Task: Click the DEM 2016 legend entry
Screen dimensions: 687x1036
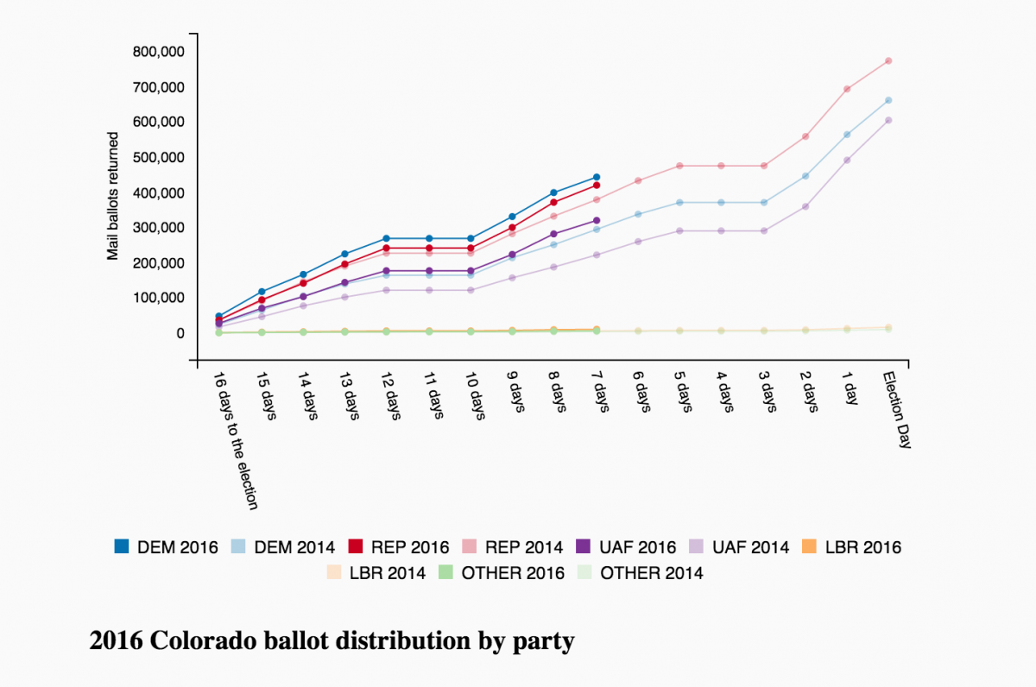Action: [166, 547]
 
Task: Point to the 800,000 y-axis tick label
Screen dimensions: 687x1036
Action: [158, 52]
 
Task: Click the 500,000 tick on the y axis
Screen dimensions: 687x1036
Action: [158, 157]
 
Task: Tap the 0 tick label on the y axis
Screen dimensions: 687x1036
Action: [180, 333]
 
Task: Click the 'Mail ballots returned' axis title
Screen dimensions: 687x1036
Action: [113, 190]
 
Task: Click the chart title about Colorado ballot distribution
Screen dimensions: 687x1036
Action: [332, 641]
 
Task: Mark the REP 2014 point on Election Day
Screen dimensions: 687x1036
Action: [888, 61]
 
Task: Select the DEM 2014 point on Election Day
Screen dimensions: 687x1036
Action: [888, 100]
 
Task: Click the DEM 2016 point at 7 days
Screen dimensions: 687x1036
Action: [596, 177]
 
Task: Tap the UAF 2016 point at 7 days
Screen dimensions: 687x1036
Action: [596, 220]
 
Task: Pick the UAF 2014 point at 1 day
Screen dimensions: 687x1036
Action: [847, 160]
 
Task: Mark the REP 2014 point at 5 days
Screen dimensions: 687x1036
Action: [679, 166]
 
